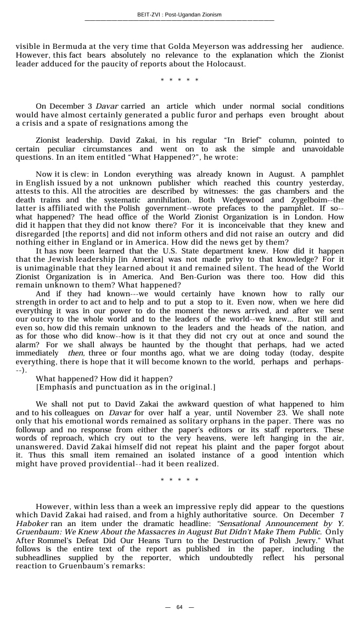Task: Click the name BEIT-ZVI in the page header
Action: [149, 14]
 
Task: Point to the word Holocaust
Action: [222, 64]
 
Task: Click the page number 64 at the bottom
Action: [179, 607]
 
